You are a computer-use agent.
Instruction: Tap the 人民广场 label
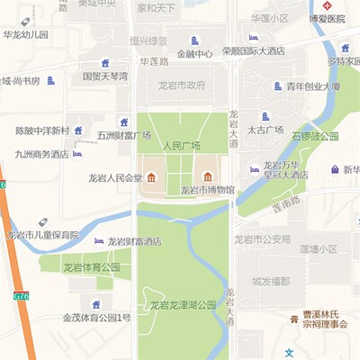179,144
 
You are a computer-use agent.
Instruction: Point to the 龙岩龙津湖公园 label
183,305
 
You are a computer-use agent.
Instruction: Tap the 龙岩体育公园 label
91,267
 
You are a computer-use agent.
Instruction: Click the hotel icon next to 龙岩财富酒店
99,241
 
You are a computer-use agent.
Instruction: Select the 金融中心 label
194,53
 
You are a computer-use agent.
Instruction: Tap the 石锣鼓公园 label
315,137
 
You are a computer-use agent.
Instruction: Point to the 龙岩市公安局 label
262,239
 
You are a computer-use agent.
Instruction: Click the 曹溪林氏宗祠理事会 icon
294,319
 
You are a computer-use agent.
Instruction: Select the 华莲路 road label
155,62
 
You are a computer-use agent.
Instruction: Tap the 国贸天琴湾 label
104,76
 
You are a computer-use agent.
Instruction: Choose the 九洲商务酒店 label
41,154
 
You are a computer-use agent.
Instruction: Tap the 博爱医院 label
327,18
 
